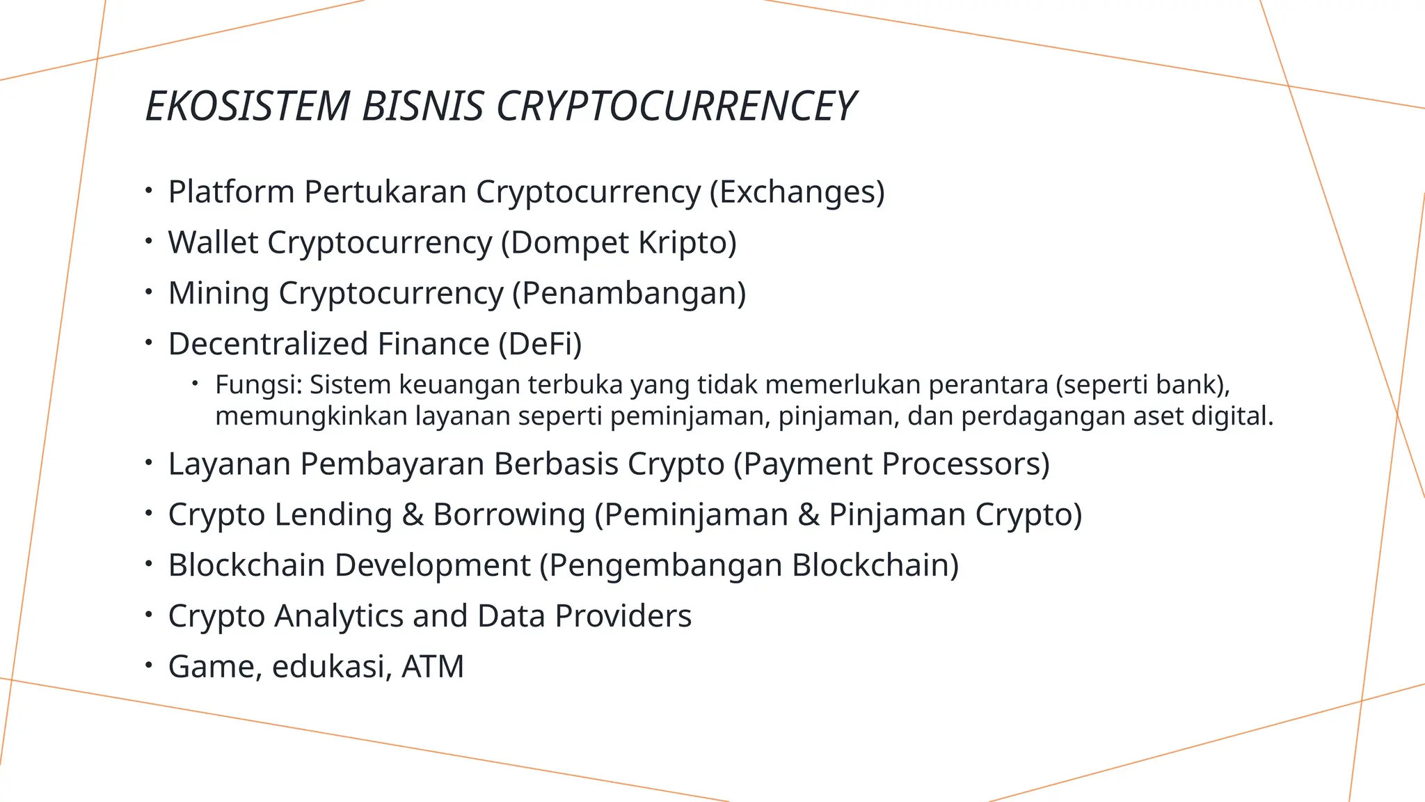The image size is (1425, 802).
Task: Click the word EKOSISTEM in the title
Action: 247,107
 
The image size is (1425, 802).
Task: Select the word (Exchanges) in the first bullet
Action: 797,192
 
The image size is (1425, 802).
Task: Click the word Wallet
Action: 213,243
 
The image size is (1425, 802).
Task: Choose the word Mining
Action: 218,293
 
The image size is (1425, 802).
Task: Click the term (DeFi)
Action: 540,344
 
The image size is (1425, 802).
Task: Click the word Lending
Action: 333,515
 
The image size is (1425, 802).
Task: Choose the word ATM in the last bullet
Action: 433,667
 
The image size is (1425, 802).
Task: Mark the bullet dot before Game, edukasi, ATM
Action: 148,665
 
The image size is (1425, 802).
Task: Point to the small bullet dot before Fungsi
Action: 196,383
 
